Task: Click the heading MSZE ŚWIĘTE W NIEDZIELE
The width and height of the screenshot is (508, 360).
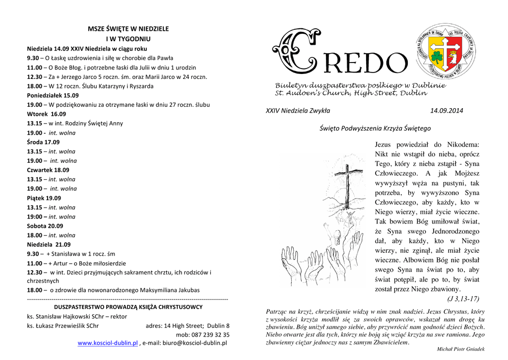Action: point(128,29)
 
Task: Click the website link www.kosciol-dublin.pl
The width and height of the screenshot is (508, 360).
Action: point(108,343)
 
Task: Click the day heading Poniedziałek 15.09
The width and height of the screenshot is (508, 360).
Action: point(53,95)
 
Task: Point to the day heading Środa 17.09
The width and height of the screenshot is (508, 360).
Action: point(43,142)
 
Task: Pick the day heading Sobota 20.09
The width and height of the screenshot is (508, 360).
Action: point(45,226)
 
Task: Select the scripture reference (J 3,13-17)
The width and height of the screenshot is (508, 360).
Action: point(463,298)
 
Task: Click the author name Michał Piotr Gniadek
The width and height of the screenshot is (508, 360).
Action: point(460,350)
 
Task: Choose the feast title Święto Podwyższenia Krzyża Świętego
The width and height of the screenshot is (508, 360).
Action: point(375,128)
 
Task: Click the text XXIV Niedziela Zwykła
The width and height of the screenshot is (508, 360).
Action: point(298,110)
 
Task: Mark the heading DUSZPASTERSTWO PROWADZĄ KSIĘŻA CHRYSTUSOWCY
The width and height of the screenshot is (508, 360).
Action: point(128,307)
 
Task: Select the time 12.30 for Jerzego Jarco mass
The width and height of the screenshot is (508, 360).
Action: point(34,76)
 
